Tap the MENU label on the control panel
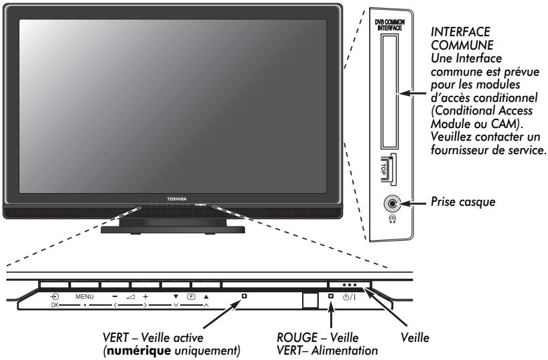click(x=85, y=296)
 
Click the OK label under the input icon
click(x=54, y=304)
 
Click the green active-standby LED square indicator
click(x=245, y=296)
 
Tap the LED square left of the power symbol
click(x=331, y=296)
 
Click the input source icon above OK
click(x=54, y=295)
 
